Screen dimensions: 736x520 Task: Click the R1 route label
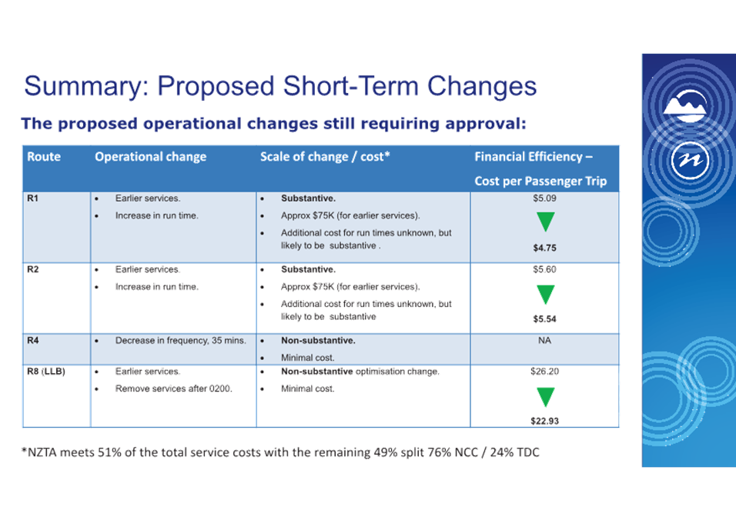[33, 198]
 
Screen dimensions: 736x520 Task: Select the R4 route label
[33, 341]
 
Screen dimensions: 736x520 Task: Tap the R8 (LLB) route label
[46, 372]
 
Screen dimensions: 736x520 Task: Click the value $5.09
[544, 198]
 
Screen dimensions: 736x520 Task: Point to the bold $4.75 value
[544, 248]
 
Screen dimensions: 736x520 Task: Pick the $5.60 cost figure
[544, 269]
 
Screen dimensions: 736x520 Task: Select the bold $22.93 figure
[544, 421]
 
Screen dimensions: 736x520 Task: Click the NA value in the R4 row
[544, 341]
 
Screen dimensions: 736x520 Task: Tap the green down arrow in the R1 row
[545, 222]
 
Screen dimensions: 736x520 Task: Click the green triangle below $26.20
[545, 397]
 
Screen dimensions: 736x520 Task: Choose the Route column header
[44, 157]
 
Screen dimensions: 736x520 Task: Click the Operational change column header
[151, 157]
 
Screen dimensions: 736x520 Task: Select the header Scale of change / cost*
[325, 157]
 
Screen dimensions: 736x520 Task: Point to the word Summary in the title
[87, 87]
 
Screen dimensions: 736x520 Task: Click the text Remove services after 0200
[174, 388]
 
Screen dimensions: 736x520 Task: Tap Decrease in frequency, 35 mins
[181, 341]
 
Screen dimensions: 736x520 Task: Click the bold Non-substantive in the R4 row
[318, 341]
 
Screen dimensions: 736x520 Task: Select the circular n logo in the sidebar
[690, 160]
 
